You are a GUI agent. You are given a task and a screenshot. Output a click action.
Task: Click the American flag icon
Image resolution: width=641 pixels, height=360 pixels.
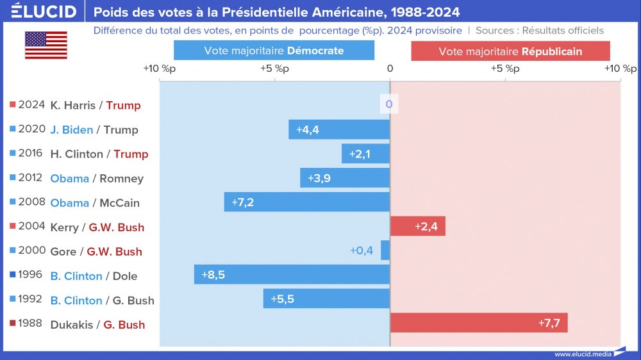pos(46,45)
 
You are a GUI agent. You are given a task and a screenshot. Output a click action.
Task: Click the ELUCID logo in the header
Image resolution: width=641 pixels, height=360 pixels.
pos(44,11)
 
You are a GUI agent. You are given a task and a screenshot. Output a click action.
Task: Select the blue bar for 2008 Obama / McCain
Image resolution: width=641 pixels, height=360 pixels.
pos(307,202)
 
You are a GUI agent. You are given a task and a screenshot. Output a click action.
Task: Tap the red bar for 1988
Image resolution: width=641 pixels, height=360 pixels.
pos(478,323)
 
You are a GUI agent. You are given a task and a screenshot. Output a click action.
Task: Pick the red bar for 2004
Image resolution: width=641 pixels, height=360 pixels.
pos(417,226)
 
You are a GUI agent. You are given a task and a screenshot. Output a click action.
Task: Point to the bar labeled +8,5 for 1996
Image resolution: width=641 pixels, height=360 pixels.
pos(292,275)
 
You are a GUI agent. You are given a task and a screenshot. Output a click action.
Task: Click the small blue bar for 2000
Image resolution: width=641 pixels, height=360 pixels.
pos(385,250)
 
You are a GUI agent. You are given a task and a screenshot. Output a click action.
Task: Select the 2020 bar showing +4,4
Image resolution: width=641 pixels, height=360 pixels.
pos(339,129)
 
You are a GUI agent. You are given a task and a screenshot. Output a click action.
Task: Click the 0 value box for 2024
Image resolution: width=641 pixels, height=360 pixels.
pos(389,104)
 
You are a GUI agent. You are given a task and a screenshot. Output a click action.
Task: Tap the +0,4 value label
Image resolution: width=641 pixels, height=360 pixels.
pos(362,250)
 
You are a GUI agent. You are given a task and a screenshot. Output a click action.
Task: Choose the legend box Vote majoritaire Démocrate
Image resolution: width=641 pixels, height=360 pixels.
pos(274,51)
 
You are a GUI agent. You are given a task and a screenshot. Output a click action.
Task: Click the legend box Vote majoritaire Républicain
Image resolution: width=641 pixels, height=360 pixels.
pos(510,51)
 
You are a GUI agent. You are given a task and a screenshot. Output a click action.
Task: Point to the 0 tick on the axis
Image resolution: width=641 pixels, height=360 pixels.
pos(390,69)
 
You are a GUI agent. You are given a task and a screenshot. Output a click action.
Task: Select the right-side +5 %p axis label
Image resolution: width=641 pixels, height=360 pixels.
pos(505,69)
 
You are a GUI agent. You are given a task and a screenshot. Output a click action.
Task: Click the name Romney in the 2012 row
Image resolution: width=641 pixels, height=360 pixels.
pos(122,179)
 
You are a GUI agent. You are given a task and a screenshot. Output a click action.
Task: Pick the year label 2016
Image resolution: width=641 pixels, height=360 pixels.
pos(31,153)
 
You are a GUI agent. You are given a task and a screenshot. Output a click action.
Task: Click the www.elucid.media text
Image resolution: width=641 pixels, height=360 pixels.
pos(581,354)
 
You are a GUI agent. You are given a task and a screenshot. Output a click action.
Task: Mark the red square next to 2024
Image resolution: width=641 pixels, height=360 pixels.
pos(13,104)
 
